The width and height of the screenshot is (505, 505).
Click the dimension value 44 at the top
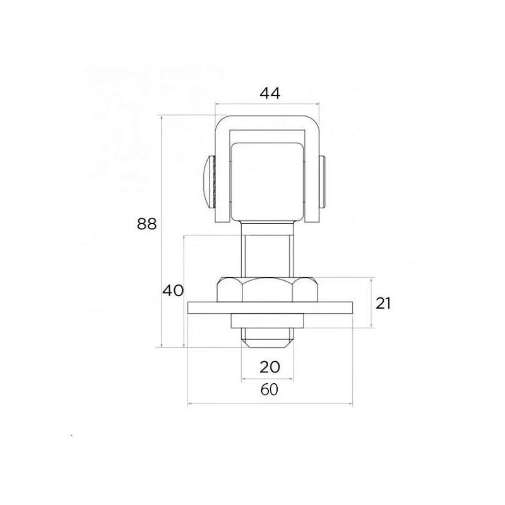(x=270, y=93)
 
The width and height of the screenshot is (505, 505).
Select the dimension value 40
(x=173, y=291)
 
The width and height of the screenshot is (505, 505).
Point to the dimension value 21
(x=384, y=303)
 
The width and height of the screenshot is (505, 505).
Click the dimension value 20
(x=268, y=367)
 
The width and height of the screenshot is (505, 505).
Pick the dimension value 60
(x=270, y=390)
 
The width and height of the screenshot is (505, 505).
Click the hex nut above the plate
(x=267, y=289)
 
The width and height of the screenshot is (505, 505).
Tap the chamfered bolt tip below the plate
(x=267, y=342)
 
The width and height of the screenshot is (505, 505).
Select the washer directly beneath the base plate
(x=267, y=320)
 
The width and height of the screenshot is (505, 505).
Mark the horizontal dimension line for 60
(x=316, y=403)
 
